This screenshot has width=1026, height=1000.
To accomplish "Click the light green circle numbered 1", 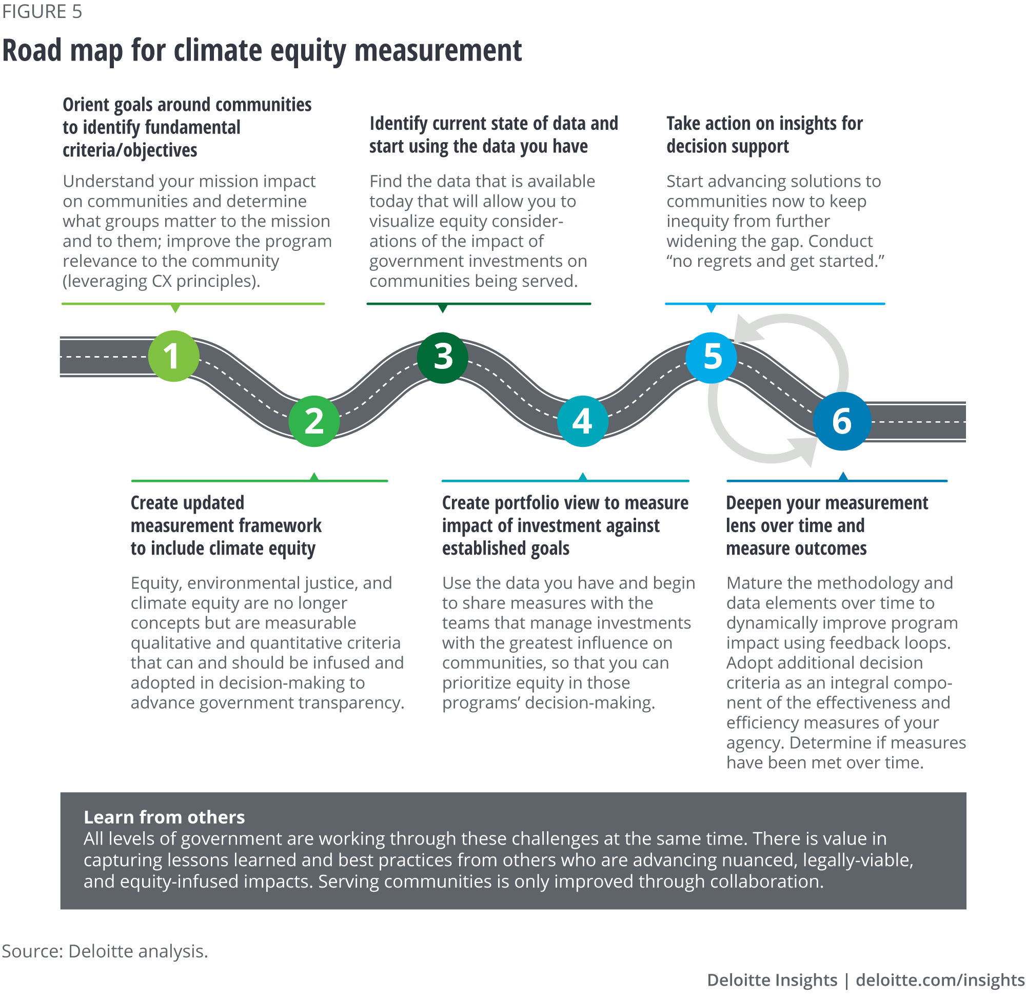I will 173,356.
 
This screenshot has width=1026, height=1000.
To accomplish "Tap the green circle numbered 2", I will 314,421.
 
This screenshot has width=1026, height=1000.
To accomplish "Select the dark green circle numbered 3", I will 443,357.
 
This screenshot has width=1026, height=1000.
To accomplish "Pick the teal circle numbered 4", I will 582,421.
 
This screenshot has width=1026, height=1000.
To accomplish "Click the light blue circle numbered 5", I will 712,357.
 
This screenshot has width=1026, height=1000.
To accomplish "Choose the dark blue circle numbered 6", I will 842,421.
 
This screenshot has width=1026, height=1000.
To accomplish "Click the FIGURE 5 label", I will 42,12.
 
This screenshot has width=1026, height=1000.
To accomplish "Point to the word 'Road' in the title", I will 31,51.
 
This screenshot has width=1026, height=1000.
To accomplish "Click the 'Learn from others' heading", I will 164,817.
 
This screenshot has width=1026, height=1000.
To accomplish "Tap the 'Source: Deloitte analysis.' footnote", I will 105,951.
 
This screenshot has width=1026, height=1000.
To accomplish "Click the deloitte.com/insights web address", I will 940,980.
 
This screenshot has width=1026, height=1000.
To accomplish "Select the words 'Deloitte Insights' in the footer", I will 772,980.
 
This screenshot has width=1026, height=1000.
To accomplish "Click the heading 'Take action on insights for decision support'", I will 764,134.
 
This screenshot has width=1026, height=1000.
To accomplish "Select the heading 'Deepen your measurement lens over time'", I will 827,525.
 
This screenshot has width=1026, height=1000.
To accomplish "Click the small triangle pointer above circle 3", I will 443,308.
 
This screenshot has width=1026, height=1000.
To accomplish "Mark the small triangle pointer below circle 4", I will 582,476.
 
